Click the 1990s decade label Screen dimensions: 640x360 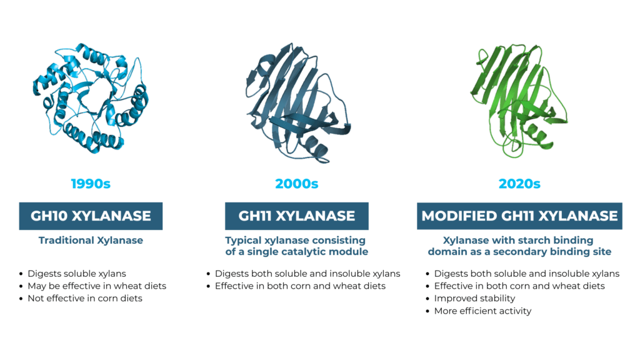pyautogui.click(x=91, y=184)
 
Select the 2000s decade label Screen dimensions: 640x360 pyautogui.click(x=297, y=184)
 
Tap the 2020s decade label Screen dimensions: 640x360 pyautogui.click(x=519, y=184)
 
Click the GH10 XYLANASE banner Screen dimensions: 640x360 pyautogui.click(x=91, y=216)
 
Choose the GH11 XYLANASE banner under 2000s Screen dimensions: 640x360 pyautogui.click(x=297, y=216)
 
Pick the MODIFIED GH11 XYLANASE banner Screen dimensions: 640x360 pyautogui.click(x=519, y=216)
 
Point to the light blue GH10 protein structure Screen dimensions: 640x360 pyautogui.click(x=91, y=98)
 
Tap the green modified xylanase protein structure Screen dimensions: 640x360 pyautogui.click(x=518, y=101)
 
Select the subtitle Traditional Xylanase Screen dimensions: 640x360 pyautogui.click(x=91, y=241)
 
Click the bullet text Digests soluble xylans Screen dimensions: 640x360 pyautogui.click(x=77, y=274)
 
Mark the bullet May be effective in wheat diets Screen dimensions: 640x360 pyautogui.click(x=97, y=286)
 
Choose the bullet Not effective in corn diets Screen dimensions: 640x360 pyautogui.click(x=85, y=298)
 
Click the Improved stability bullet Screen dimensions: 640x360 pyautogui.click(x=475, y=298)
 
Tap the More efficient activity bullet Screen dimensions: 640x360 pyautogui.click(x=483, y=311)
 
